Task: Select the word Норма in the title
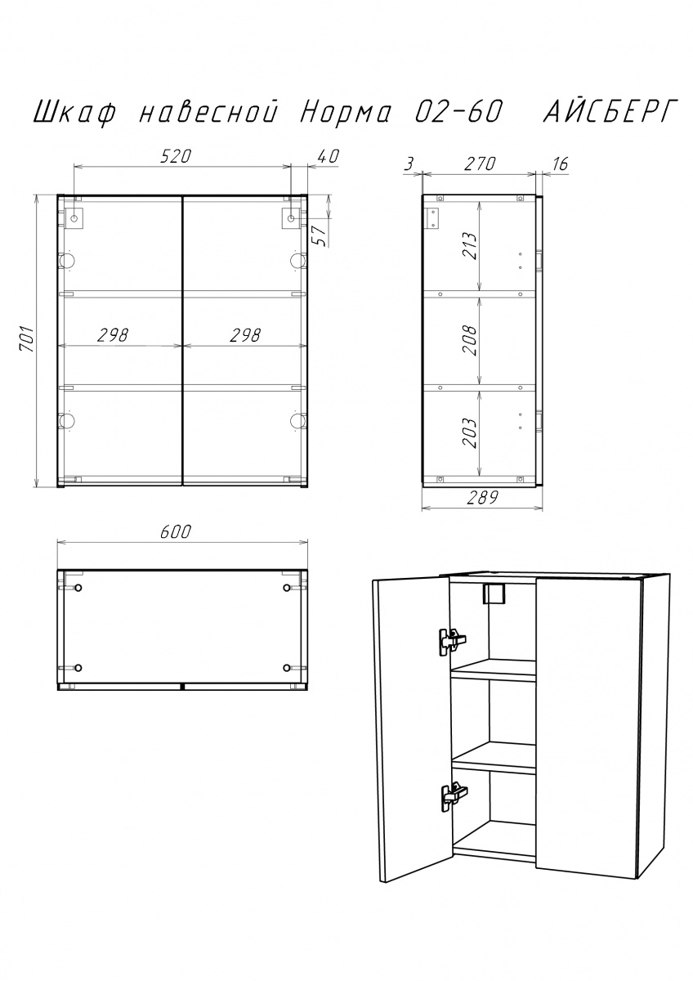coord(345,113)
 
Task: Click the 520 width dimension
coord(176,156)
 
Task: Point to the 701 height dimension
coord(27,339)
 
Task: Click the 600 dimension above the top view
coord(176,531)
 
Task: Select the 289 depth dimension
coord(482,498)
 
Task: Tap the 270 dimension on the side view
coord(480,163)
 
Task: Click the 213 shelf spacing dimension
coord(469,246)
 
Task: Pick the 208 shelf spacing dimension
coord(469,340)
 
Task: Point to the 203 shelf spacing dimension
coord(469,433)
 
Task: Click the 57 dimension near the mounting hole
coord(322,235)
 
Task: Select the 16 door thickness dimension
coord(560,163)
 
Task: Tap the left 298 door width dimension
coord(113,335)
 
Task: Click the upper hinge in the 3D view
coord(452,642)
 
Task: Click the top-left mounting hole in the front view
coord(74,217)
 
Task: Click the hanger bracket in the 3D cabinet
coord(494,594)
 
